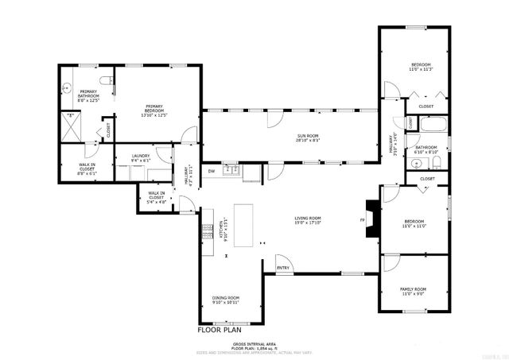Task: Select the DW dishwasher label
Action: point(212,171)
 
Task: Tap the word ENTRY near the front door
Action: point(283,268)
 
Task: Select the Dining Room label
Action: point(226,300)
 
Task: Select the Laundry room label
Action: point(141,157)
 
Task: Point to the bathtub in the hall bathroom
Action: point(433,125)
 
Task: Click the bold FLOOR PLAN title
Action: point(219,329)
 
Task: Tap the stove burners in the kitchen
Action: point(208,231)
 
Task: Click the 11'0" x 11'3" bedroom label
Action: point(421,67)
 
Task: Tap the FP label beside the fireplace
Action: point(362,220)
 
